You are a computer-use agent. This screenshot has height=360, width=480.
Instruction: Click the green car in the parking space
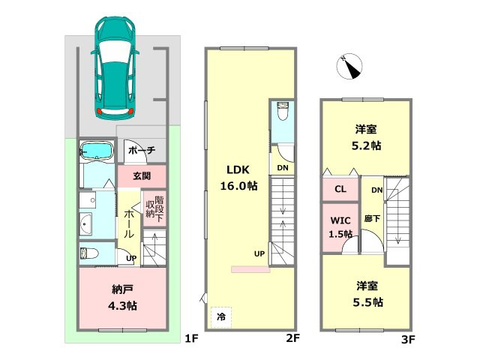(115, 67)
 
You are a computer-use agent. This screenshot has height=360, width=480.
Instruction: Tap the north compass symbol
(349, 66)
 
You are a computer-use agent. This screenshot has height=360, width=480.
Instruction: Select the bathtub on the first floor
(97, 151)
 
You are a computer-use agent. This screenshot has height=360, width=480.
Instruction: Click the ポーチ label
(142, 150)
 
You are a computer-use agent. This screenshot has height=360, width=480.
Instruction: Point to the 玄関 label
(142, 176)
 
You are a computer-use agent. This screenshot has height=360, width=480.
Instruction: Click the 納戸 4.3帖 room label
(122, 297)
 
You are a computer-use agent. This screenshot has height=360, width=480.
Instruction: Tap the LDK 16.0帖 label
(238, 178)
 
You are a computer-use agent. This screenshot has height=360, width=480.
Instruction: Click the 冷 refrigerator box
(221, 317)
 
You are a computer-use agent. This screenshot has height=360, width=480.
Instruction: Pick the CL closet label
(340, 189)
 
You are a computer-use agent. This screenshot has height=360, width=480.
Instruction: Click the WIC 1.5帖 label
(340, 227)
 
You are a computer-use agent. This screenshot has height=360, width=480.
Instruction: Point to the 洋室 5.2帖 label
(366, 137)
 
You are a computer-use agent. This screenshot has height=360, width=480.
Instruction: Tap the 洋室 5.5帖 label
(367, 294)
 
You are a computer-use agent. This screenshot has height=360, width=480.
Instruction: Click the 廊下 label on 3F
(372, 218)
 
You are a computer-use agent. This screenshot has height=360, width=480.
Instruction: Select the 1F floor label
(192, 338)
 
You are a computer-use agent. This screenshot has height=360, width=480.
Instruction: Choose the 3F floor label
(408, 340)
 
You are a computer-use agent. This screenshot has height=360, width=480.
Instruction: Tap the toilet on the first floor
(89, 253)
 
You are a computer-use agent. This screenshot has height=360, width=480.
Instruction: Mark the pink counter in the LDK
(250, 269)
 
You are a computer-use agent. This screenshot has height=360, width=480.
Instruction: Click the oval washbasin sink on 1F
(85, 223)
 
